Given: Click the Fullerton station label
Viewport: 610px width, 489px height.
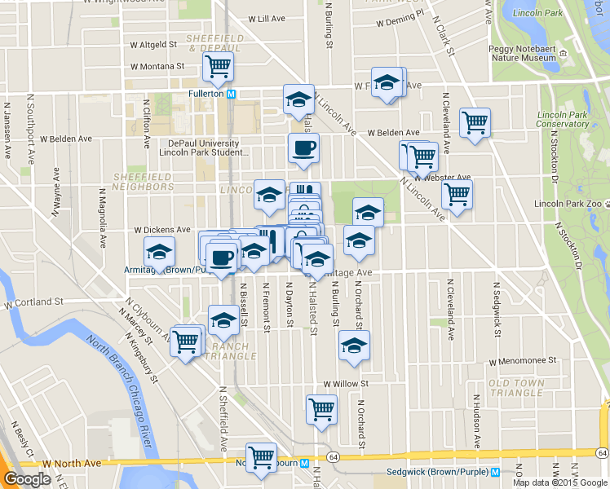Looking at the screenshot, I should pos(206,94).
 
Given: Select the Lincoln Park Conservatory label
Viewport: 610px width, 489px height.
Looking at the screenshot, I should pos(562,119).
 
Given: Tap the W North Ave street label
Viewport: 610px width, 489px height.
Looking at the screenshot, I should pos(73,463).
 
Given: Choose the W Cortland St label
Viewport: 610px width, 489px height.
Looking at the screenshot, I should pos(34,303).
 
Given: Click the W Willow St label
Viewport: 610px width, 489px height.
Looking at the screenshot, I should pos(346,383).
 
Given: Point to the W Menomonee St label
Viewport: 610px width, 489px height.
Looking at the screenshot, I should pos(522,359).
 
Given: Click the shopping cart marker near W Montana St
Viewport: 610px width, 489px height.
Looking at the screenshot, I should pos(218,68).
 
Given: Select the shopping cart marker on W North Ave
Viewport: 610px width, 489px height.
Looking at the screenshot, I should pos(261,458).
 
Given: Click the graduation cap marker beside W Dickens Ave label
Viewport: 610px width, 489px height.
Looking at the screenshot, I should pos(160,251).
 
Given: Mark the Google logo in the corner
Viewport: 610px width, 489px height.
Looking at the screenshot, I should pos(26,479).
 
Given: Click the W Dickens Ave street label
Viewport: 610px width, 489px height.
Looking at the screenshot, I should pos(162,230).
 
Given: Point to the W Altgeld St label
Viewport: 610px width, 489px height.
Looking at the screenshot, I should pos(152,45).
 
